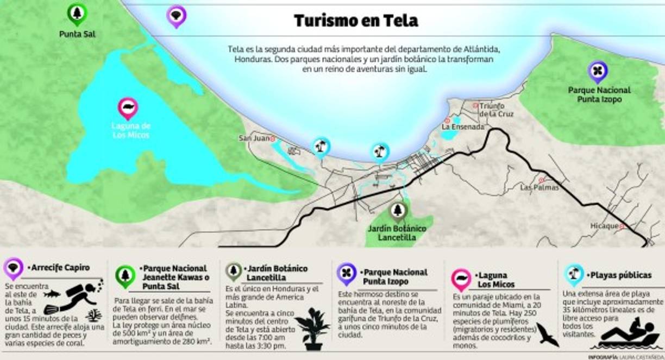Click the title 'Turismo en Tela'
(356, 21)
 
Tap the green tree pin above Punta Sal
(77, 14)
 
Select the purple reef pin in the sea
(176, 16)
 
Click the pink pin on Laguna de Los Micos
(128, 108)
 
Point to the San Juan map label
(254, 138)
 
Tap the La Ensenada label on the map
(462, 127)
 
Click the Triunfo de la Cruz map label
(495, 110)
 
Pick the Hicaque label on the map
(604, 226)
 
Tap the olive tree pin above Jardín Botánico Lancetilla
(398, 211)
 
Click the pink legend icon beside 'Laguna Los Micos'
(461, 278)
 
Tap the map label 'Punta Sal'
(77, 34)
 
